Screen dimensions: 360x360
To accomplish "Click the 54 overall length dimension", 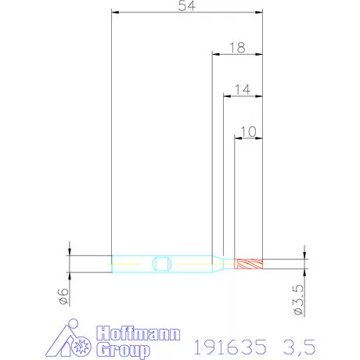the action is [x=187, y=5].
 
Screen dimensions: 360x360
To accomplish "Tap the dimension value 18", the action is [x=237, y=48].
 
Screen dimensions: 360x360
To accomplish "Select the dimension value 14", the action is [x=243, y=90].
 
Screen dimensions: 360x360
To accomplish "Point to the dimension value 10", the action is [x=248, y=131].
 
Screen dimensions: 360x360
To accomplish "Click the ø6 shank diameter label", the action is [x=64, y=297].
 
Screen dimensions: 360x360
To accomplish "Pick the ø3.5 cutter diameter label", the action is [x=299, y=300].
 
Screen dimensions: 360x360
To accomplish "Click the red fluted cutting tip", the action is [x=249, y=264].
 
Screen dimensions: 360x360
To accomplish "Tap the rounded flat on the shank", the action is [x=162, y=264].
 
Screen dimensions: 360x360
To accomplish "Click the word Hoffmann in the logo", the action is [x=139, y=333].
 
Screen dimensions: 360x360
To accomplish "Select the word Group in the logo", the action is [x=123, y=351].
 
